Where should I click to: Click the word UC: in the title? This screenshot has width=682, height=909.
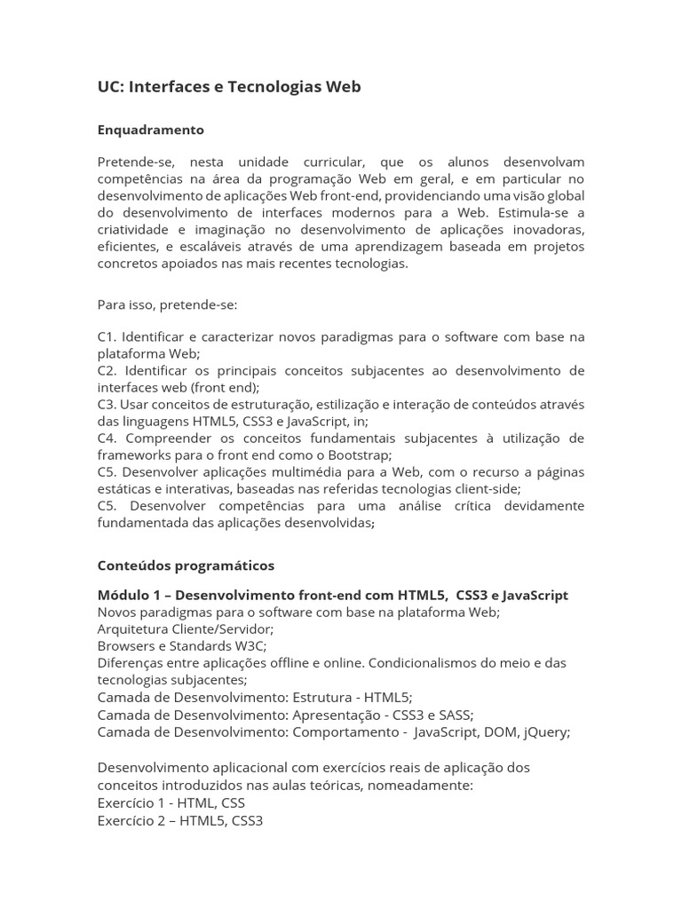click(111, 87)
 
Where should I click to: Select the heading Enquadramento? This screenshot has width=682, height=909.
click(150, 130)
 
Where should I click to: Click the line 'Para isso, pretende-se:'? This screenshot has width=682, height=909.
click(167, 304)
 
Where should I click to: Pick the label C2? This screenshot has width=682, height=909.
click(107, 371)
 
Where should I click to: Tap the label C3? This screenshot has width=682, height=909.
click(107, 405)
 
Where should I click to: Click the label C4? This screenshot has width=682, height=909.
click(107, 439)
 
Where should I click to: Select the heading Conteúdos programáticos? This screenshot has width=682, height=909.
click(186, 565)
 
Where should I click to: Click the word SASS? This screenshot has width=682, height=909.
click(456, 715)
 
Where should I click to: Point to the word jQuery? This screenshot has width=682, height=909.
click(544, 732)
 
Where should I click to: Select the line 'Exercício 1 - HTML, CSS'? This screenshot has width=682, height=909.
click(170, 802)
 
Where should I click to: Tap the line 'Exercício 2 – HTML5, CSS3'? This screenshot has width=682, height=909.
click(179, 820)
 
